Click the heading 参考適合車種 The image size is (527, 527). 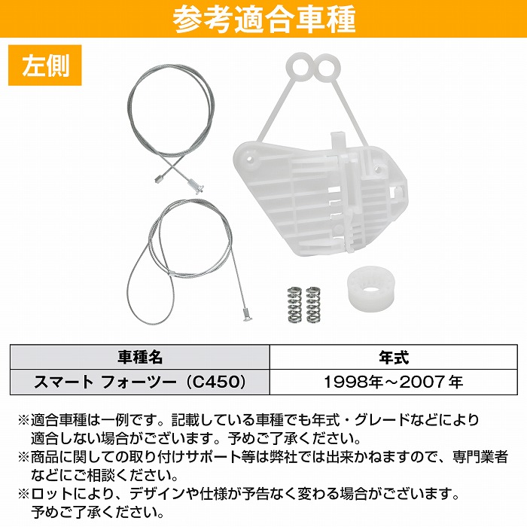(x=263, y=20)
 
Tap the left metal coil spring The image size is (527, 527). (x=294, y=303)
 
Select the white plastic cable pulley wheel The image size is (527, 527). (x=372, y=291)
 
